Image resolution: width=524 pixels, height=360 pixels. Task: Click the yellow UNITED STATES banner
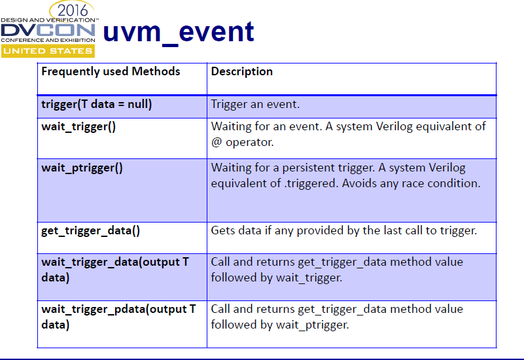47,51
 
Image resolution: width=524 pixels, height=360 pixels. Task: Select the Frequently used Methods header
111,71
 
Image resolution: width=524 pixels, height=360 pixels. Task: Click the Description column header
241,71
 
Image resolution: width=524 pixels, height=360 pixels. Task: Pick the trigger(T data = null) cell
96,104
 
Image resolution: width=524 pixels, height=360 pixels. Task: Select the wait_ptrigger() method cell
82,168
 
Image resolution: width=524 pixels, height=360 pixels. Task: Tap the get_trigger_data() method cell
91,230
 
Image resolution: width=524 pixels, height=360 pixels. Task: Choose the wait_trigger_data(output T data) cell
115,269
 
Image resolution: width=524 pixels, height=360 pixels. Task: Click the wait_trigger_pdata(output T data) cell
118,316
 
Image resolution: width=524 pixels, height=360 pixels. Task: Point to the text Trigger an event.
255,104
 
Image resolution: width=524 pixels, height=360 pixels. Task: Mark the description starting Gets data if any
343,230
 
